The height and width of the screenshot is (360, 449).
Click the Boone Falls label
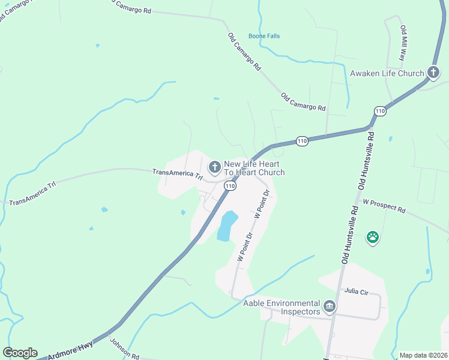coord(264,36)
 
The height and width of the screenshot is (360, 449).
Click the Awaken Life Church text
coord(387,74)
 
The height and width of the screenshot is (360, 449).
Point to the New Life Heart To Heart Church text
coord(254,168)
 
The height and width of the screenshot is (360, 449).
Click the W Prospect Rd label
coord(384,208)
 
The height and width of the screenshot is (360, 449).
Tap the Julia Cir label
coord(356,291)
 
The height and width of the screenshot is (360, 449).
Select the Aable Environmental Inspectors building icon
coord(329,307)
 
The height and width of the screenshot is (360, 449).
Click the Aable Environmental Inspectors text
coord(281,307)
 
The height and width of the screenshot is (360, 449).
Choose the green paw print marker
coord(373,237)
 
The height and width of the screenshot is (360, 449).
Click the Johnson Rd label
coord(124,349)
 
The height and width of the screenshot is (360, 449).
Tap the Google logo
coord(20,353)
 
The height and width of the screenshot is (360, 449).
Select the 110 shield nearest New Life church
coord(230,187)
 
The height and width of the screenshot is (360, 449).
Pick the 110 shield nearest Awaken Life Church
coord(379,111)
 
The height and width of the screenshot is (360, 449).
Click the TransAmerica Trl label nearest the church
coord(178,174)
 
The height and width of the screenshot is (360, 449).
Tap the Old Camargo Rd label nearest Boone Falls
coord(244,53)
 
